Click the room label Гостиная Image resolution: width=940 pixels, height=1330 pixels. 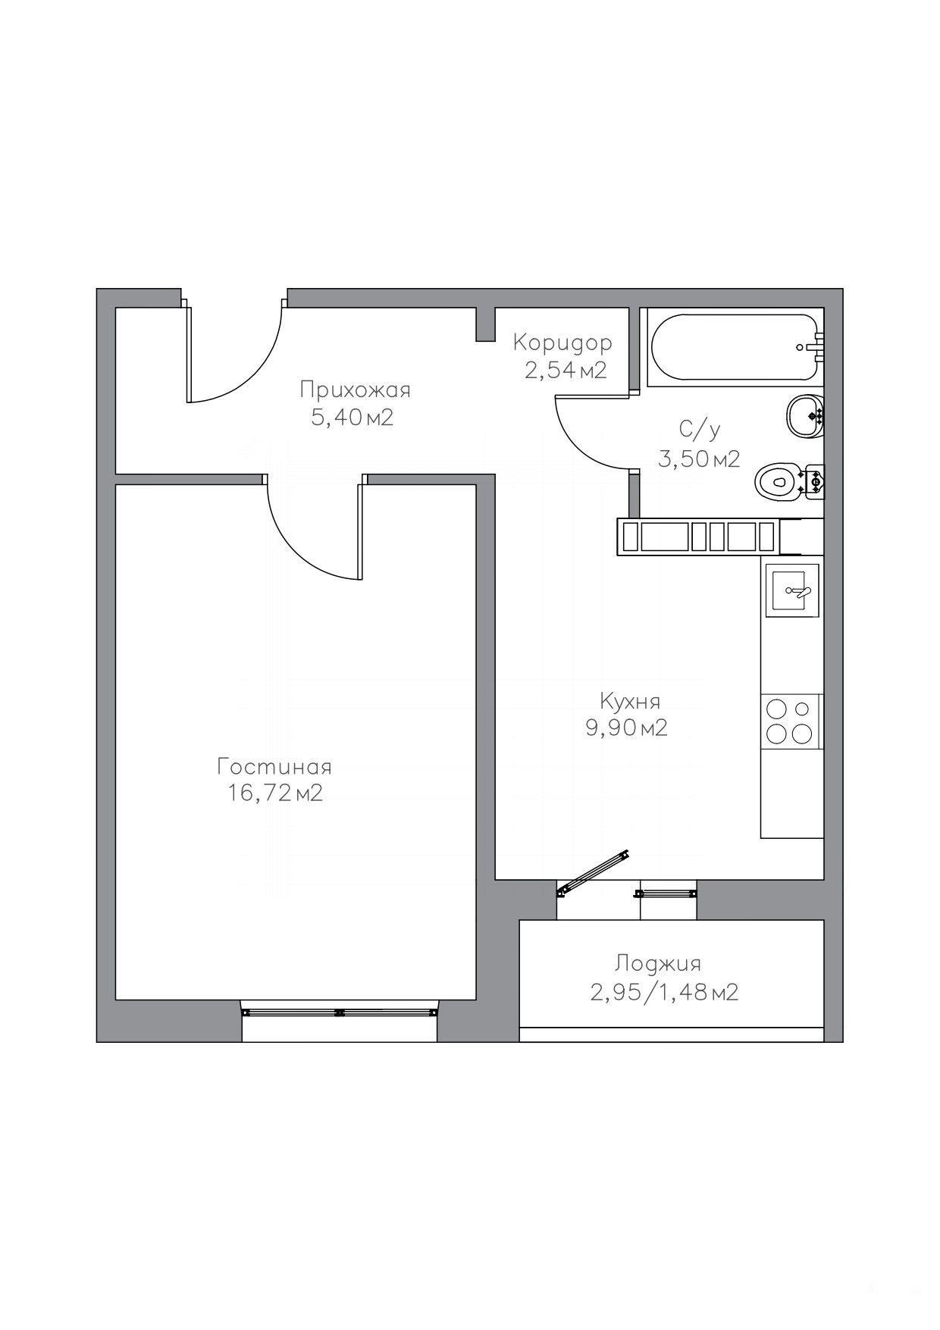[x=274, y=767]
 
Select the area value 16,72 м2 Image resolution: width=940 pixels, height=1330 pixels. [x=274, y=793]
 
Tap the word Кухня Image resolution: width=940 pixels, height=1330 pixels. [x=630, y=701]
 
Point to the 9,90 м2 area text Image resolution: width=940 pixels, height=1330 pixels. [x=626, y=728]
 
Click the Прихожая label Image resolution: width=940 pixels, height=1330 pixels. [x=355, y=390]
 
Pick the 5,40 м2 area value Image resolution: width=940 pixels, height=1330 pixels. [x=352, y=418]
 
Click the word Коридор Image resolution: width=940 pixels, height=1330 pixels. [x=562, y=343]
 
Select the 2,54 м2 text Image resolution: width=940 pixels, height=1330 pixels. [x=566, y=371]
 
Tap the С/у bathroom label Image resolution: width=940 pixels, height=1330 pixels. [x=700, y=430]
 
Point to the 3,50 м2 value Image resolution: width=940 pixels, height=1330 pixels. [x=699, y=458]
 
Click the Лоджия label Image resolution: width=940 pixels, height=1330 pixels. [x=658, y=964]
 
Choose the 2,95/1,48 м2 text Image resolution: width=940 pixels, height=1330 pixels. [x=664, y=992]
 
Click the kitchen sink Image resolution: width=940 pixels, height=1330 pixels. [x=792, y=590]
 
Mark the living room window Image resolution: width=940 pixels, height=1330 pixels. [x=339, y=1012]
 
